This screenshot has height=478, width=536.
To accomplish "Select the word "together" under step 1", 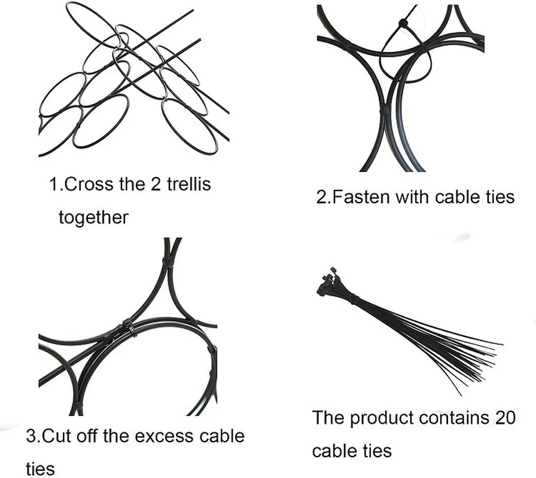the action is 93,217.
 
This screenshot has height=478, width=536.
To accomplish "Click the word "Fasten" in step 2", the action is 357,197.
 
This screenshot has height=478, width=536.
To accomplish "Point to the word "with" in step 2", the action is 409,197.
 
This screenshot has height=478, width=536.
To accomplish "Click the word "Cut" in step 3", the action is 57,436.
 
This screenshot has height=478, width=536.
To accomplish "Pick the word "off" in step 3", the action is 89,436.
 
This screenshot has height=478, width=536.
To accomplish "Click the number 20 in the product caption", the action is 504,417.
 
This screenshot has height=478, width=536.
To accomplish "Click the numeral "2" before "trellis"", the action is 156,184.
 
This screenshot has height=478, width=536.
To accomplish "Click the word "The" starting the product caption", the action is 328,417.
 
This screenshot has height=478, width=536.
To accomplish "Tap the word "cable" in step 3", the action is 222,436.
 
